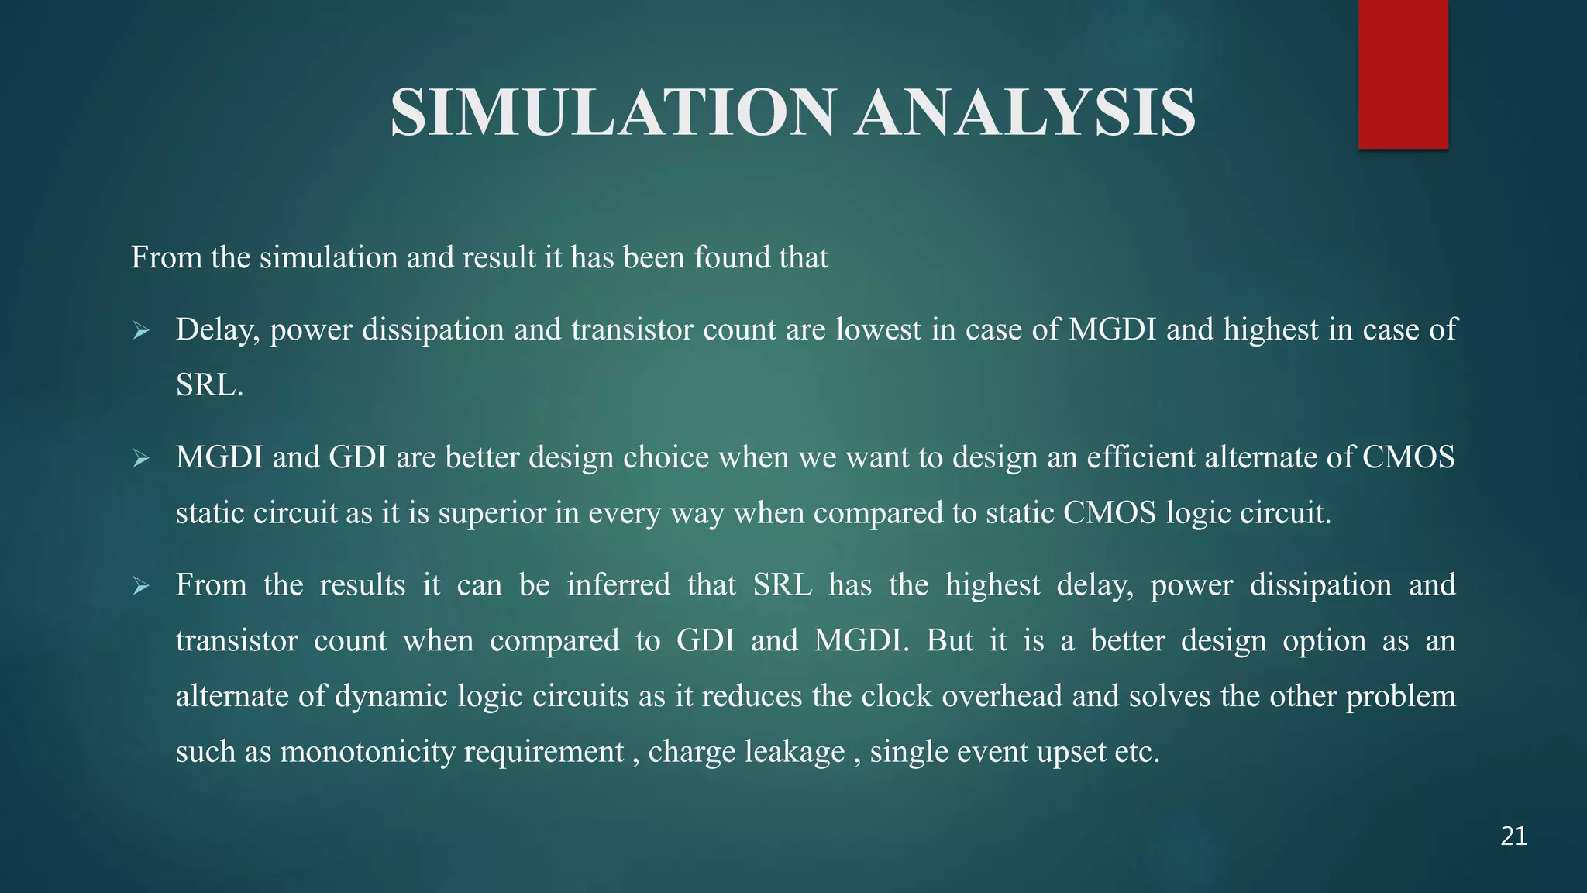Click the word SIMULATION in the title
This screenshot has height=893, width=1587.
pyautogui.click(x=612, y=113)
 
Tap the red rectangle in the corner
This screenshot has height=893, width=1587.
pyautogui.click(x=1403, y=74)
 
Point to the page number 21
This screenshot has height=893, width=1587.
pyautogui.click(x=1513, y=836)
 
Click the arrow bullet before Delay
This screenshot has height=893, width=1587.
pyautogui.click(x=140, y=332)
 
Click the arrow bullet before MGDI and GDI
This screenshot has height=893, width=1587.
pyautogui.click(x=140, y=459)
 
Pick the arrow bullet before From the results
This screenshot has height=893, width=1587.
pyautogui.click(x=140, y=586)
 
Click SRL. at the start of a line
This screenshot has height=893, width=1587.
pyautogui.click(x=209, y=385)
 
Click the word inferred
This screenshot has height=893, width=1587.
pyautogui.click(x=618, y=584)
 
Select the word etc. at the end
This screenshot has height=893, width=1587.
pyautogui.click(x=1137, y=752)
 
